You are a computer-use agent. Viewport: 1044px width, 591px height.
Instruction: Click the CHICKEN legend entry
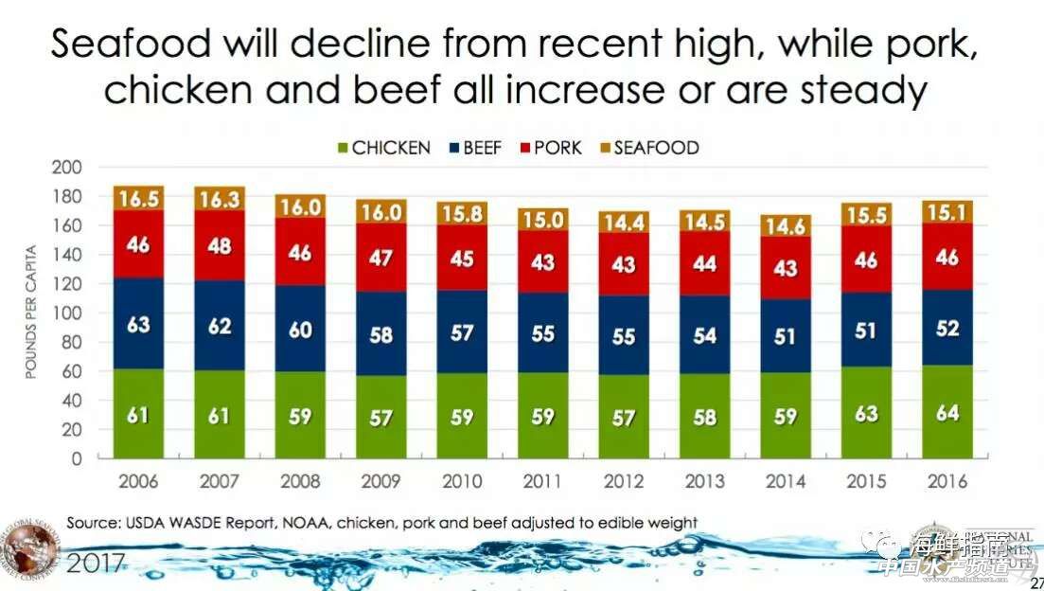(x=383, y=148)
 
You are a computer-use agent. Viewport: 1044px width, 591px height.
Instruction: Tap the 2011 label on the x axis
(x=543, y=481)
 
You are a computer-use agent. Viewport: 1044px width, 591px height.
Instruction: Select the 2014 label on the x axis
(x=786, y=481)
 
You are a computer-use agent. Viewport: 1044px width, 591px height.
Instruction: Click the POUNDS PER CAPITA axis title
(x=30, y=312)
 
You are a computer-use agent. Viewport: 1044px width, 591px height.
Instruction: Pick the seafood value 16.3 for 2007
(x=220, y=200)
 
